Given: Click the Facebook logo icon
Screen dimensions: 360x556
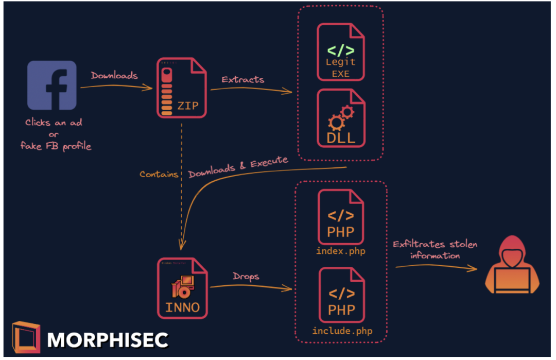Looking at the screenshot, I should coord(52,85).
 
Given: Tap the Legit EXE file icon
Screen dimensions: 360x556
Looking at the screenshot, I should coord(341,53).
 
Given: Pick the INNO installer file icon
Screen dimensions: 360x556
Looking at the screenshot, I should coord(182,288).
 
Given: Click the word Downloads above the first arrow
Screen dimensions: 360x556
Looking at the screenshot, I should coord(114,76).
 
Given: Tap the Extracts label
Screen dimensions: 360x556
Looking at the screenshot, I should coord(243,80).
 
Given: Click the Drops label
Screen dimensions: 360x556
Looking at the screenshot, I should coord(245,277).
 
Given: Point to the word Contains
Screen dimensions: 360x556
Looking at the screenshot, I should coord(159,174).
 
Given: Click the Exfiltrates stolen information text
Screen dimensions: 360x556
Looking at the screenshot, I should coord(435,250).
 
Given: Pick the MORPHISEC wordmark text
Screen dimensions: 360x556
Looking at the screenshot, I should coord(108,339).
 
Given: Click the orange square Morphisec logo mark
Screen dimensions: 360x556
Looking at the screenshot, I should coord(26,337).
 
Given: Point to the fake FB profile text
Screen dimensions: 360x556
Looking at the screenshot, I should coord(56,146).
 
